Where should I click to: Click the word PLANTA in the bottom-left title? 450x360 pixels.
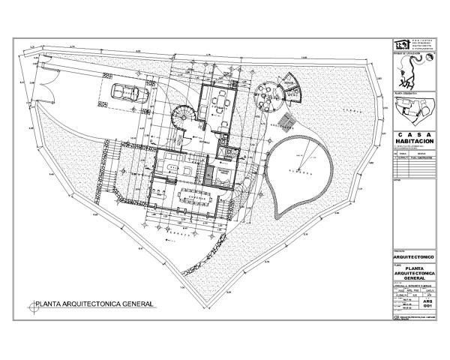pos(49,305)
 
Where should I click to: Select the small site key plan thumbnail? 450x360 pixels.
pos(409,112)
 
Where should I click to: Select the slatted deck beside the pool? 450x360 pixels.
pos(284,119)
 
